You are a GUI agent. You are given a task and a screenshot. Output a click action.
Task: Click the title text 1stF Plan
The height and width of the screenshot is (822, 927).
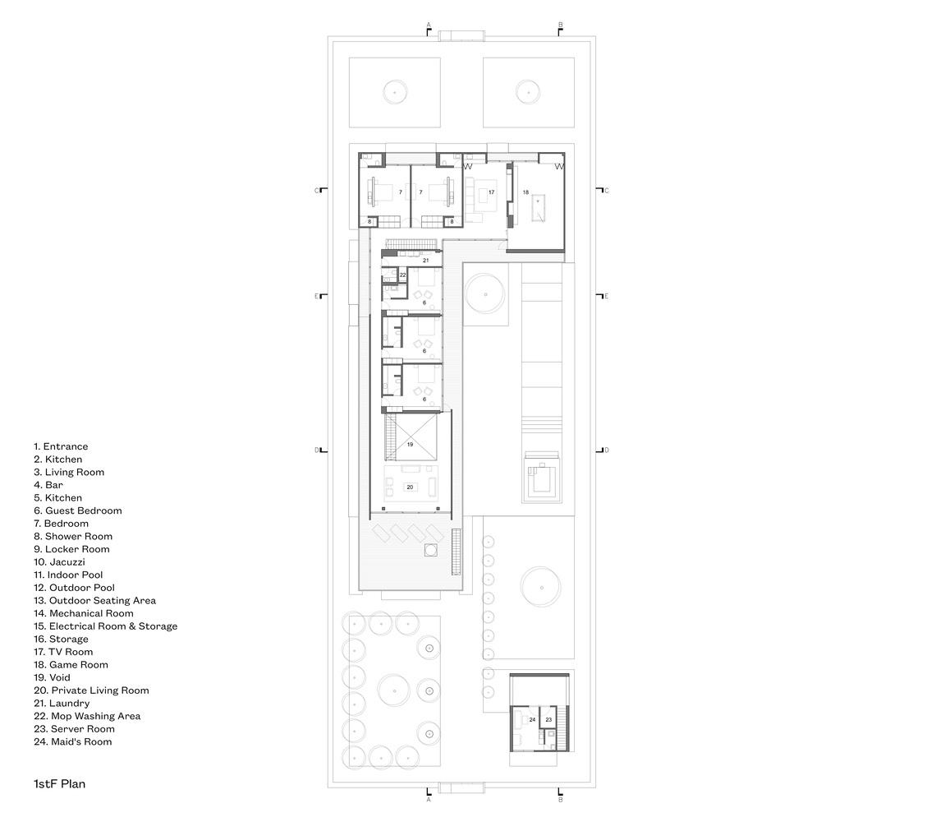59,784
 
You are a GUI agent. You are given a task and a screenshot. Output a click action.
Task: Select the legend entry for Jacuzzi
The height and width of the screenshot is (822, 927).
59,562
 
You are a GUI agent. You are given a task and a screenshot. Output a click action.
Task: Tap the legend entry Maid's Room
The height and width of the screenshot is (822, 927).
73,742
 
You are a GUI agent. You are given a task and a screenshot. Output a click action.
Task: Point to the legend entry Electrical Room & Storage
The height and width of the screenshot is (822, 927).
105,626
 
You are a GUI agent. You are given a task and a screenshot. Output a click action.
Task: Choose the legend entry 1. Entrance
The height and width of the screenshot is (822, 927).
61,447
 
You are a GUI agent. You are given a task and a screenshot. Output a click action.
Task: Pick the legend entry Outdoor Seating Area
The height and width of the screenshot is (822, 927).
94,601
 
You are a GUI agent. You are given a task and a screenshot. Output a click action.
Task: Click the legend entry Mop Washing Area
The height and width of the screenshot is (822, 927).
87,716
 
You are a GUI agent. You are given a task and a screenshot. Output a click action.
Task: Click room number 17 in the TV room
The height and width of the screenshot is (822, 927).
491,192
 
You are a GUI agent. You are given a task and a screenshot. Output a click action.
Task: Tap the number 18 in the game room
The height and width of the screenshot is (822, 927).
525,192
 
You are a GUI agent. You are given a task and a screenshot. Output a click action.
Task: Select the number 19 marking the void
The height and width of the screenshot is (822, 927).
410,445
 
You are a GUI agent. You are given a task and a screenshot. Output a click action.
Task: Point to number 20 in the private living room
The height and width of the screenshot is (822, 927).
410,487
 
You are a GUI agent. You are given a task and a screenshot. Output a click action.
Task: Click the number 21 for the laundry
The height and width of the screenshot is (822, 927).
425,261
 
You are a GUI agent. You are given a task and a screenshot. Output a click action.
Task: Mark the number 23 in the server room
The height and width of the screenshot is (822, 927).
548,719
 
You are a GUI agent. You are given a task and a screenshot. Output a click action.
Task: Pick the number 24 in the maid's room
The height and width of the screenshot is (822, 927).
532,719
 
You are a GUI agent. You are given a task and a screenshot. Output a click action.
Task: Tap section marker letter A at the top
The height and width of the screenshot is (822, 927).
429,25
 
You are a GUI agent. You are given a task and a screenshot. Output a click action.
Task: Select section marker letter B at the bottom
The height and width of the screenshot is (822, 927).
561,800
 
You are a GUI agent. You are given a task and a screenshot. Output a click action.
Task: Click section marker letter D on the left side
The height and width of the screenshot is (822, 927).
316,450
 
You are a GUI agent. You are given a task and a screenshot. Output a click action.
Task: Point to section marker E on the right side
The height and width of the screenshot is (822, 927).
607,296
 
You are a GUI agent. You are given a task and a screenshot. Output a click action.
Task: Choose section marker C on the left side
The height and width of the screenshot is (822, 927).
316,191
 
